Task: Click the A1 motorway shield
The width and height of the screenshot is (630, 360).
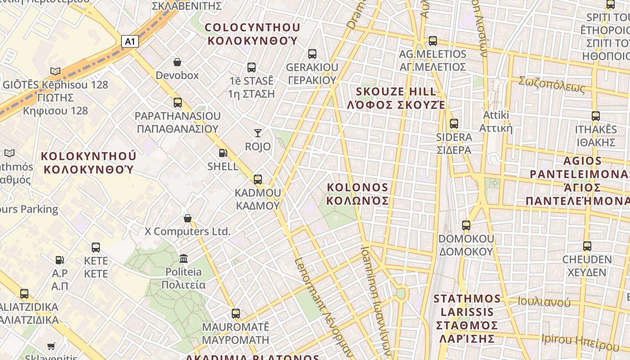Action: pos(130,42)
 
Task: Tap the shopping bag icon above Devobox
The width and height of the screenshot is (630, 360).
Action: pos(177,62)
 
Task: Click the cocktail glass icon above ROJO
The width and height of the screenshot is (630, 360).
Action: pos(258,133)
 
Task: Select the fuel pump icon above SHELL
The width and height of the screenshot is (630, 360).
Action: pos(223,153)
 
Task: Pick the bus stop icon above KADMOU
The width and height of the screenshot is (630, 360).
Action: pos(258,179)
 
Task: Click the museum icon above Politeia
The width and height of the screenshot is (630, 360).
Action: pos(184,258)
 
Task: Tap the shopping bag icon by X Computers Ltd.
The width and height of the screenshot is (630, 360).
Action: pos(188,218)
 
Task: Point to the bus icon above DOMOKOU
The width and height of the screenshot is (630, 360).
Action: pos(466,225)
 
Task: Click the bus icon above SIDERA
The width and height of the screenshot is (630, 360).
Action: pos(454,123)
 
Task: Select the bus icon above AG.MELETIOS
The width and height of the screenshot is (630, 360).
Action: pos(433,40)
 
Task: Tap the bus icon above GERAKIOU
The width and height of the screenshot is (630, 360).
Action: pos(312,54)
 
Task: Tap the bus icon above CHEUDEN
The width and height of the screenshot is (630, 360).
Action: pos(587,246)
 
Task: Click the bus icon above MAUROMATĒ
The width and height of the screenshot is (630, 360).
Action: pos(236,313)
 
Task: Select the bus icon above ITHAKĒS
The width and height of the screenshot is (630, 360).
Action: pos(596,116)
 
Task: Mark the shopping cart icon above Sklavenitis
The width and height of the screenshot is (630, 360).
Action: pos(51,346)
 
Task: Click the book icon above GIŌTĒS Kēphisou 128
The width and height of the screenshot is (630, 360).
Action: pos(55,71)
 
